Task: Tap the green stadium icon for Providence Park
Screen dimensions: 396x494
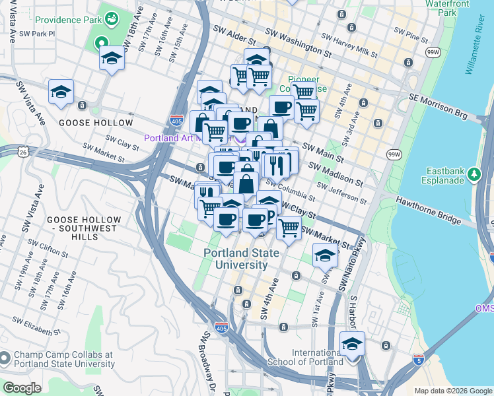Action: pos(111,16)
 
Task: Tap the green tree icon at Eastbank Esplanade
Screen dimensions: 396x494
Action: pos(474,175)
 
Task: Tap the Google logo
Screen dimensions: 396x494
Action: pos(22,388)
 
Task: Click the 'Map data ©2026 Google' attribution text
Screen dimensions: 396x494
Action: pos(452,391)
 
